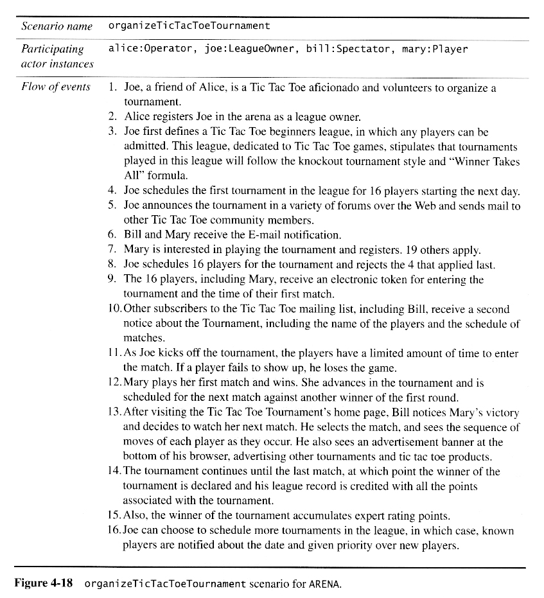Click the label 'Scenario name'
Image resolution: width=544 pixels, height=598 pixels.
pos(57,26)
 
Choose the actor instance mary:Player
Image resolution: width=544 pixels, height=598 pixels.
pos(435,49)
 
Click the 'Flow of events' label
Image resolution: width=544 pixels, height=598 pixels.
pos(56,87)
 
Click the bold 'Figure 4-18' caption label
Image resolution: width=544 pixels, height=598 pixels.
pos(44,584)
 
